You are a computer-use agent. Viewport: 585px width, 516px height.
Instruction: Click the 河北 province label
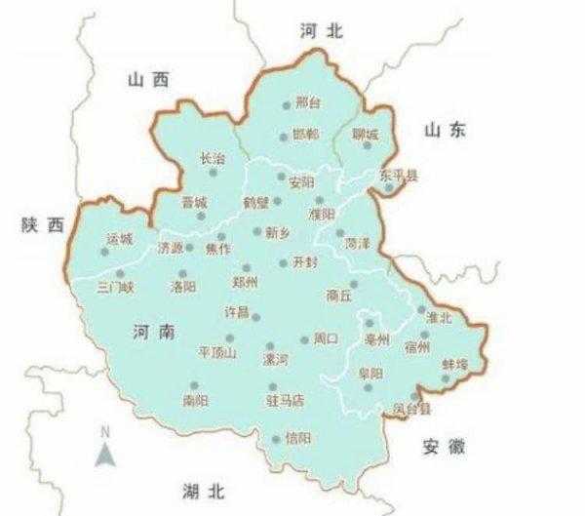point(322,31)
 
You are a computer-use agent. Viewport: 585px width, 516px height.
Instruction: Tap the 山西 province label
point(148,81)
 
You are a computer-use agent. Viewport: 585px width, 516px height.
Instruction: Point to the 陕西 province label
point(41,225)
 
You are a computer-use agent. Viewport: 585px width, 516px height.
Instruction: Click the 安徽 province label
point(445,447)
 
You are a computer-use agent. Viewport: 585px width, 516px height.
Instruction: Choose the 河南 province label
point(151,333)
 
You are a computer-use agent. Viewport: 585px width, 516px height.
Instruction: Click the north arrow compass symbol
point(106,450)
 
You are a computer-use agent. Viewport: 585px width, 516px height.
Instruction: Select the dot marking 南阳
point(194,385)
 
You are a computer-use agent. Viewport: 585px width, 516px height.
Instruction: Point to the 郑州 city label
point(245,282)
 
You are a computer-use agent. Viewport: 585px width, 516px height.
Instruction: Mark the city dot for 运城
point(105,253)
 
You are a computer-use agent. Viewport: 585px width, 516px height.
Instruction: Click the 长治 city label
point(213,157)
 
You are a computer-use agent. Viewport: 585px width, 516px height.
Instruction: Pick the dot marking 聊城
point(369,145)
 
